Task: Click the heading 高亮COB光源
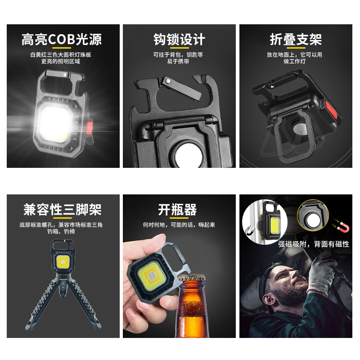click(62, 40)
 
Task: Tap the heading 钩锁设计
click(179, 40)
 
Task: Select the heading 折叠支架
click(296, 40)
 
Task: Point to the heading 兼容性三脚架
click(63, 210)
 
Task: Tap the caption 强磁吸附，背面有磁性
click(314, 244)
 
